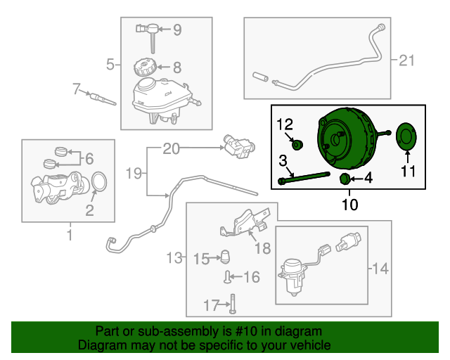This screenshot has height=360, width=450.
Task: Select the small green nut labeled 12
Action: pos(297,145)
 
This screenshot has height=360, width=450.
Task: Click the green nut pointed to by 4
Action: pos(345,179)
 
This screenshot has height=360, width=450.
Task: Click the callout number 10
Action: pos(349,205)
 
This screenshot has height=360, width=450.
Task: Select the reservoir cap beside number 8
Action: pos(145,68)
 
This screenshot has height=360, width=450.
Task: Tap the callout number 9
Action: pos(176,30)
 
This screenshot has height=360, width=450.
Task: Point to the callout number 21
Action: pos(408,60)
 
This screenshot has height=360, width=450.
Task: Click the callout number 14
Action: pos(380,268)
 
